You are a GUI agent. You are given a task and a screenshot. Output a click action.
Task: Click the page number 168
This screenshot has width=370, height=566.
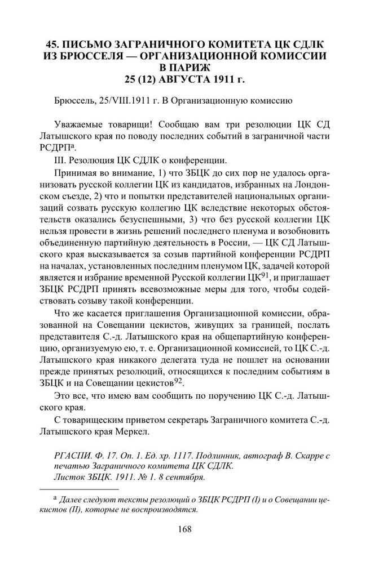184,529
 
